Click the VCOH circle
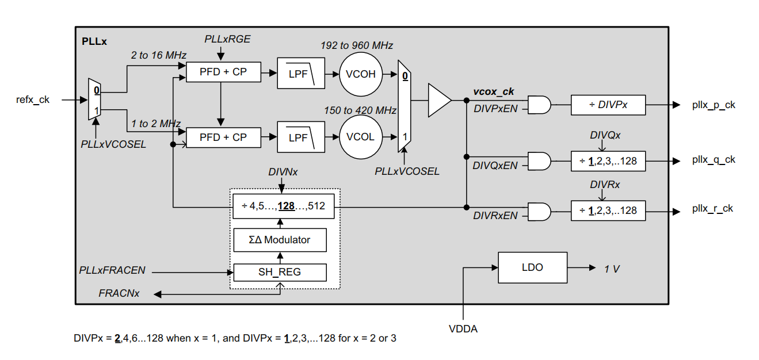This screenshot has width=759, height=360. click(x=361, y=74)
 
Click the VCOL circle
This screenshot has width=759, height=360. click(x=361, y=137)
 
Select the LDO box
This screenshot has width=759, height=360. click(x=532, y=267)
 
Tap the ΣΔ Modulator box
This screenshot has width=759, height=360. click(x=280, y=240)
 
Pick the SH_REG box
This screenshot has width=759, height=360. click(x=280, y=272)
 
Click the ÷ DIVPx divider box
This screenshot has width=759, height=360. click(x=608, y=105)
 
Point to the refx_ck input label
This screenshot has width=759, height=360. click(x=33, y=99)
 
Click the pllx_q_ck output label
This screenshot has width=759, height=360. click(x=714, y=160)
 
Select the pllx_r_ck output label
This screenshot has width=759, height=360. click(x=712, y=208)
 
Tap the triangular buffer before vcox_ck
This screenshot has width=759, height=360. click(x=438, y=100)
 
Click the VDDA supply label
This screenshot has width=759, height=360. click(x=463, y=329)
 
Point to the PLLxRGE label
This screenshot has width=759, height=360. click(x=227, y=39)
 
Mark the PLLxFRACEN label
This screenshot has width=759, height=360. click(x=112, y=270)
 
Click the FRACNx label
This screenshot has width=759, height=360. click(x=119, y=293)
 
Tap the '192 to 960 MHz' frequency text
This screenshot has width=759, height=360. click(x=357, y=45)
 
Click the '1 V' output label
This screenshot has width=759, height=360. click(x=612, y=269)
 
